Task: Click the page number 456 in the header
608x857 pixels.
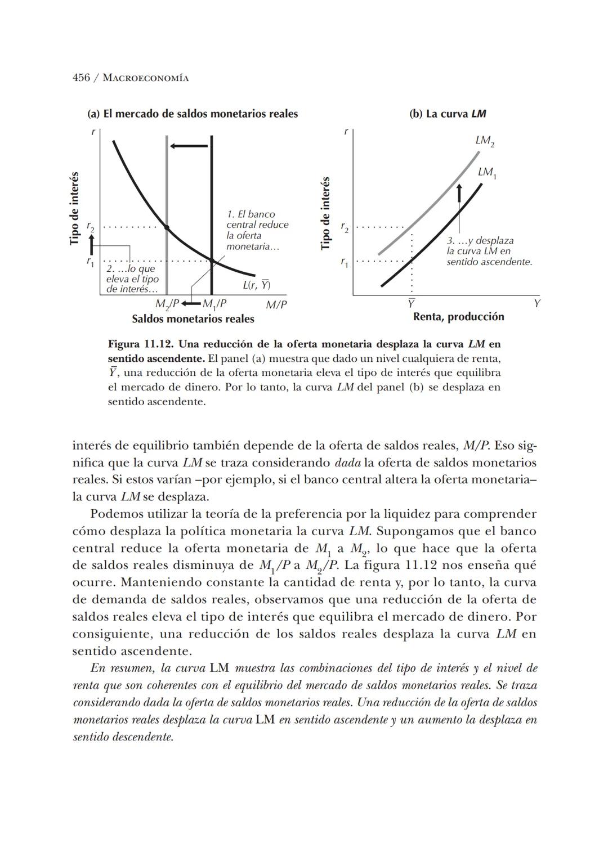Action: [x=81, y=78]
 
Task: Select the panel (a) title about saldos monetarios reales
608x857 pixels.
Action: [x=193, y=114]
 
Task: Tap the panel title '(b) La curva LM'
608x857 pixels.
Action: [x=448, y=114]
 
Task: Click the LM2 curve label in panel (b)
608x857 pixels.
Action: [x=485, y=141]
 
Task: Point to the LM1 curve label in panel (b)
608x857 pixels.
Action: [x=487, y=172]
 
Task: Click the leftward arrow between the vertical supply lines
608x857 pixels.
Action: [x=189, y=146]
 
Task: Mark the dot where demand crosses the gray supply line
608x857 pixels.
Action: [x=167, y=227]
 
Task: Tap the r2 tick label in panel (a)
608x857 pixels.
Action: [x=90, y=227]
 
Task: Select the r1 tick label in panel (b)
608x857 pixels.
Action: [x=345, y=262]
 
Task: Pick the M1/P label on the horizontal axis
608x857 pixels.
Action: [x=214, y=304]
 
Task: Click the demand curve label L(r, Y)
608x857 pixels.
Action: [x=257, y=285]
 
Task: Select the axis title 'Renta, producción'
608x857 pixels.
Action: [x=458, y=317]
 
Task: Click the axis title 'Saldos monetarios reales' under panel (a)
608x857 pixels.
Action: [x=193, y=319]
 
